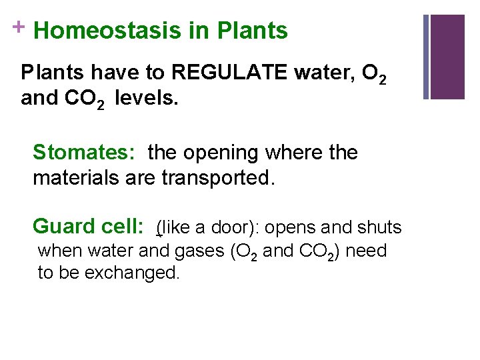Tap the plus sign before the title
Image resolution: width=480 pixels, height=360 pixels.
[13, 26]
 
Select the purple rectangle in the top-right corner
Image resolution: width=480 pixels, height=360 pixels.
[447, 57]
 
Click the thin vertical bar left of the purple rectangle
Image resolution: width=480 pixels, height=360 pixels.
[426, 57]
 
